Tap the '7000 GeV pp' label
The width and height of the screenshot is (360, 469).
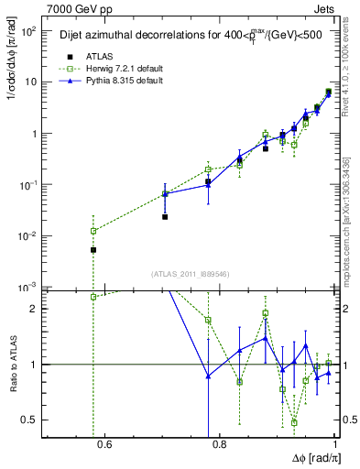(x=76, y=7)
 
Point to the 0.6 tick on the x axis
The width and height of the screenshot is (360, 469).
(x=103, y=446)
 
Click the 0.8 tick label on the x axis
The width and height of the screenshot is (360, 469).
(x=219, y=446)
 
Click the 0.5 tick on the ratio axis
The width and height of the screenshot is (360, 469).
(x=32, y=420)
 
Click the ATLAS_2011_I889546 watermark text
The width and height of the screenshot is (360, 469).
(x=191, y=274)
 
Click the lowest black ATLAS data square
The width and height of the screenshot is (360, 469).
(x=93, y=249)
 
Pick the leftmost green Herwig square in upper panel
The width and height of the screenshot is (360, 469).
(x=93, y=231)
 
